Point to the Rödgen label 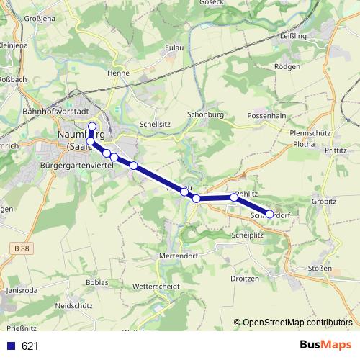[x=287, y=66]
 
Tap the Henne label [x=117, y=73]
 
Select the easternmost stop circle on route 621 [x=270, y=214]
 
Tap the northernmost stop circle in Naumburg [x=91, y=128]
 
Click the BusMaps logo [x=325, y=346]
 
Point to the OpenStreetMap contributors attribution [x=297, y=323]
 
